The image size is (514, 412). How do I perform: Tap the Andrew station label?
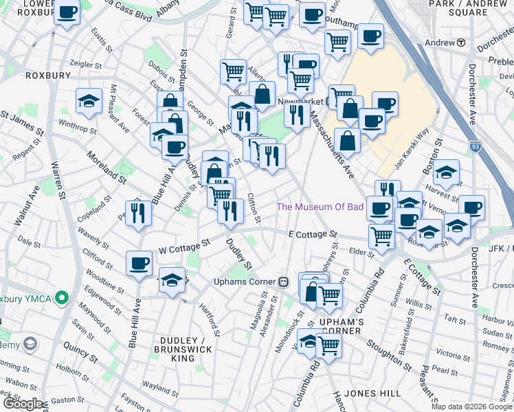click(x=440, y=43)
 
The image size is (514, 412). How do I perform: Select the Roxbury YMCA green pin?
click(x=62, y=298)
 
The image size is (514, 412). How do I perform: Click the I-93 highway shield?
click(x=476, y=146)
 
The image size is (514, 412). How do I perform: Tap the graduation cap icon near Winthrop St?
click(x=89, y=102)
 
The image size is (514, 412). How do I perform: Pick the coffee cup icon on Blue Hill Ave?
click(x=139, y=264)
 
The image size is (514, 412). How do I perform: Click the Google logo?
click(x=22, y=404)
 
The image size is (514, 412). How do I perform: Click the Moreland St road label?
click(x=107, y=168)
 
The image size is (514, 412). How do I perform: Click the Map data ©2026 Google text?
click(x=471, y=407)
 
